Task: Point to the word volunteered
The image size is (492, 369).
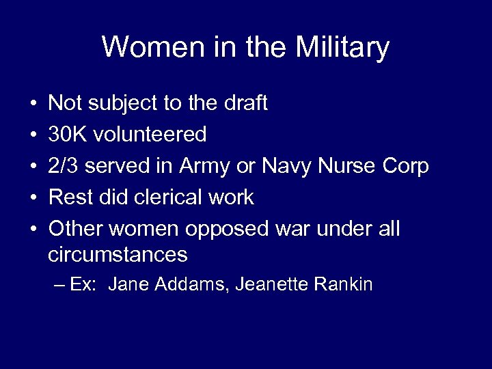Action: (x=151, y=135)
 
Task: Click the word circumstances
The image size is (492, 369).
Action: (x=118, y=255)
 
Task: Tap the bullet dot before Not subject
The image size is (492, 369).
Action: (x=33, y=104)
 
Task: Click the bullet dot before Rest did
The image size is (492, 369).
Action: (x=33, y=198)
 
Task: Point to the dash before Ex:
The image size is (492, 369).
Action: (x=58, y=285)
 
